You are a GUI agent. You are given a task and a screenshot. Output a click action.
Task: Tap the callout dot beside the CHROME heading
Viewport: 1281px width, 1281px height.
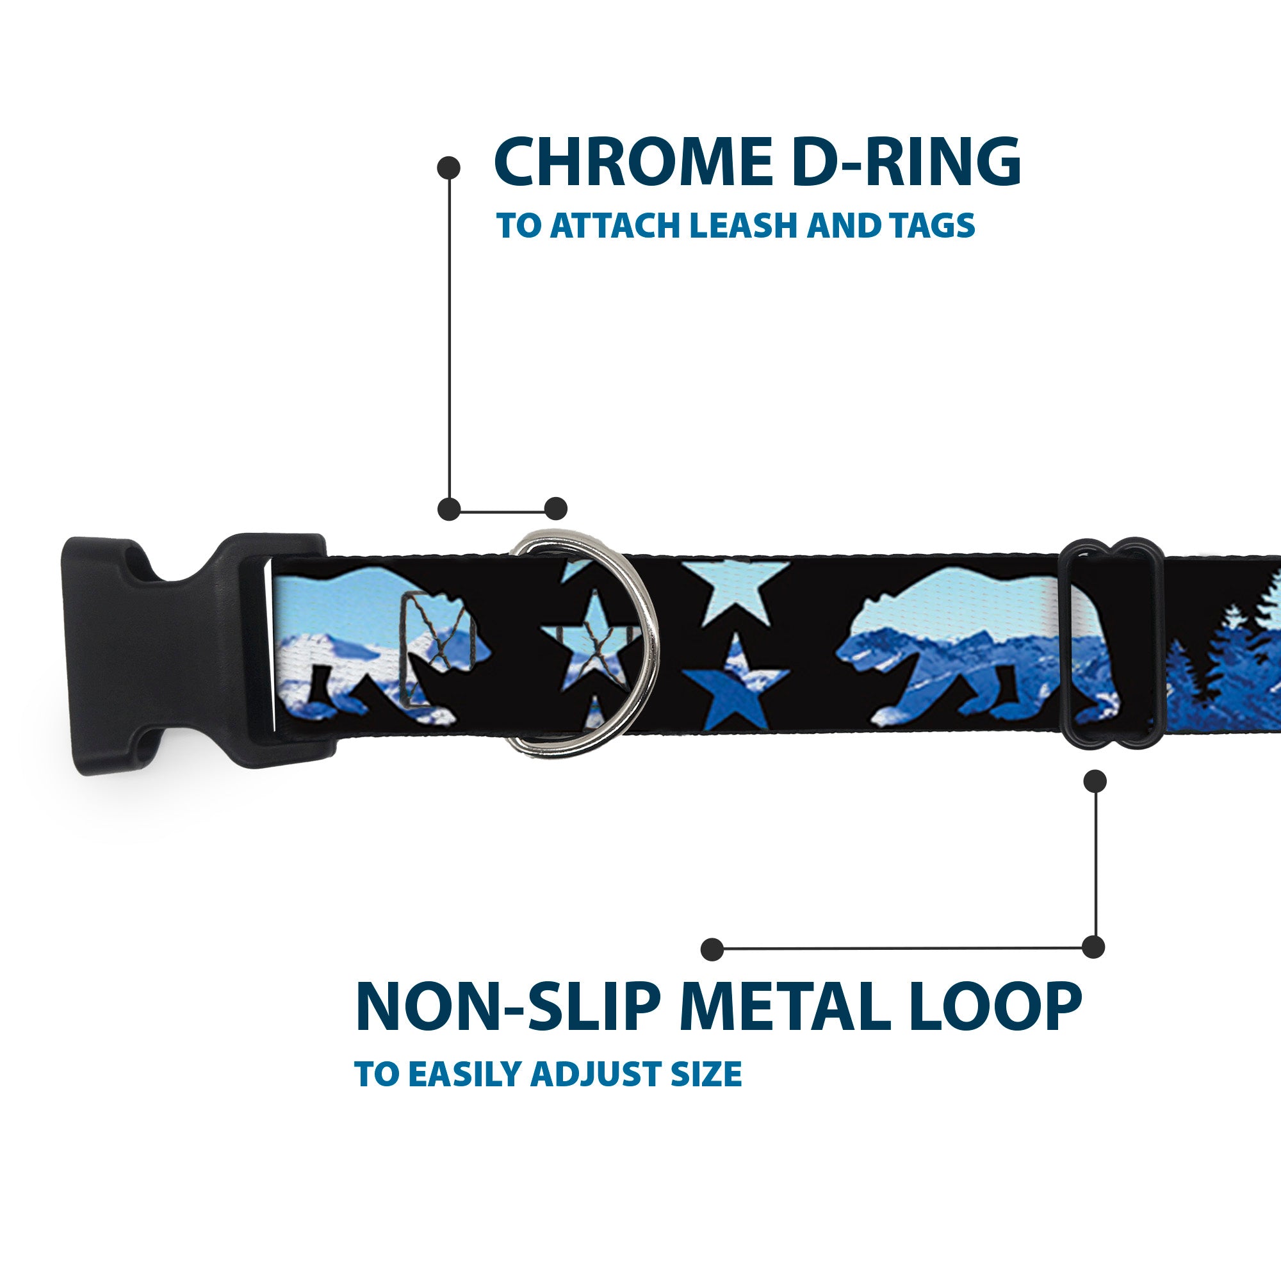[449, 168]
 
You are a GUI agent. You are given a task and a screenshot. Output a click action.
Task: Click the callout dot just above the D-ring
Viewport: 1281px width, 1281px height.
[555, 509]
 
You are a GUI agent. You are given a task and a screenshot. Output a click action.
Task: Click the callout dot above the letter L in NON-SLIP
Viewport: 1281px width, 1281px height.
[712, 949]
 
